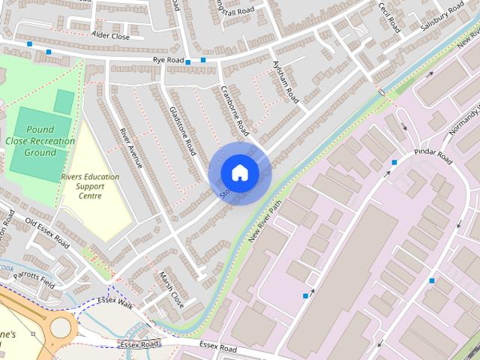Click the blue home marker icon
[239, 172]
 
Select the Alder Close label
[110, 35]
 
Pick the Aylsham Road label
[286, 83]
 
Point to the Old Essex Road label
[47, 233]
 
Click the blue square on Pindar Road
[394, 162]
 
